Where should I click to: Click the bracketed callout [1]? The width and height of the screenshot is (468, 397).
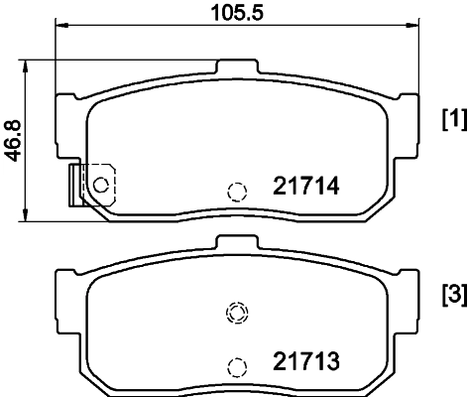click(452, 120)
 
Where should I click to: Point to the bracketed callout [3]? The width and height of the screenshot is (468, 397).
click(452, 296)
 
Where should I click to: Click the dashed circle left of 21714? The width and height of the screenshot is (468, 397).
click(236, 192)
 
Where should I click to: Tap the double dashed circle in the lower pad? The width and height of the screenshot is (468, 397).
click(236, 314)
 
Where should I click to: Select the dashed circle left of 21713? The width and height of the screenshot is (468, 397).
click(236, 366)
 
